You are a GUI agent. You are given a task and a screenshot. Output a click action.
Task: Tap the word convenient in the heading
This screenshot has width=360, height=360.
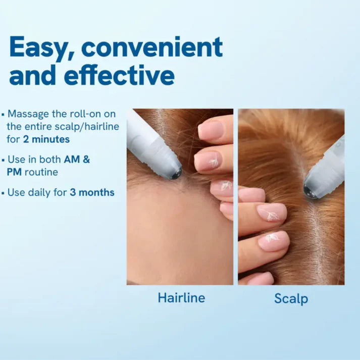152,48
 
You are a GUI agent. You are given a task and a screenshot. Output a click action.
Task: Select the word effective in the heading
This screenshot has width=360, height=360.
120,76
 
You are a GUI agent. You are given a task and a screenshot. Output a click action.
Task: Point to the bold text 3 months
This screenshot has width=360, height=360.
92,192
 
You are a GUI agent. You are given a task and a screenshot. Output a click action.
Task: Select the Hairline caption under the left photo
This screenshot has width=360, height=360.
181,297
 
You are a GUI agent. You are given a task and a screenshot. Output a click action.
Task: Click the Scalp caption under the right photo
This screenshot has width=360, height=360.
291,298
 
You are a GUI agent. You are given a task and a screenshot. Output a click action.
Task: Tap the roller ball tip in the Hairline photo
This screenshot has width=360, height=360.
175,173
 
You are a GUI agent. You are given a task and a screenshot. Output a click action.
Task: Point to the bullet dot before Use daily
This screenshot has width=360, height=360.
4,193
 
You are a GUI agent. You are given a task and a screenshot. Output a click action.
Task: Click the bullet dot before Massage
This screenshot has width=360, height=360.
4,114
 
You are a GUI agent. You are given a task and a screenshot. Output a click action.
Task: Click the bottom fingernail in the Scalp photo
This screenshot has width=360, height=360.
261,278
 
